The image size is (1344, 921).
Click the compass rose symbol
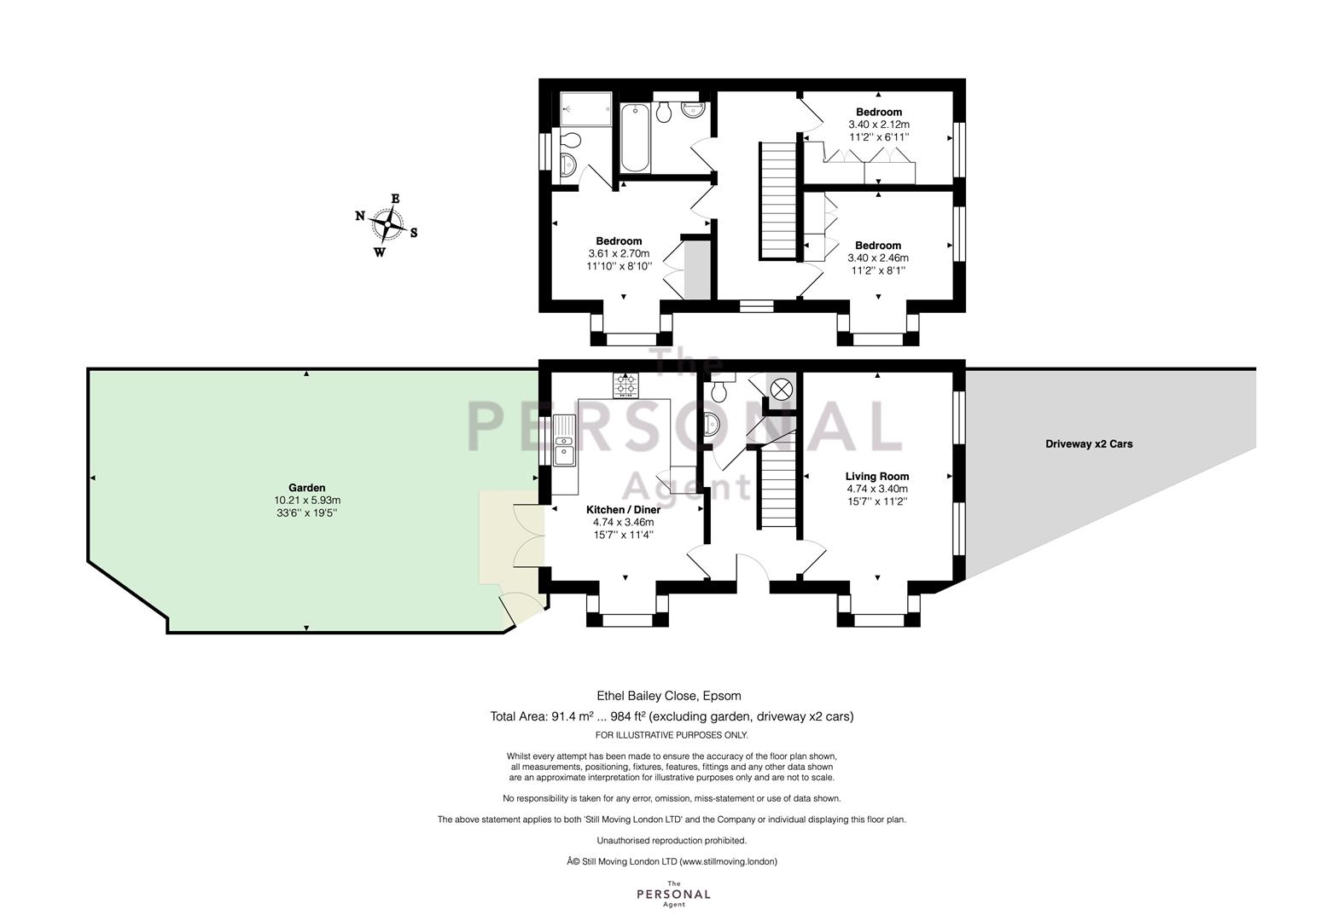pyautogui.click(x=387, y=225)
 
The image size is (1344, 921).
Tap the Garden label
pyautogui.click(x=306, y=488)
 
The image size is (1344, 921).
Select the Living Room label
pyautogui.click(x=877, y=476)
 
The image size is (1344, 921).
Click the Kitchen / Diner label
pyautogui.click(x=624, y=510)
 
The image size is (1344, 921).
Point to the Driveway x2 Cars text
pyautogui.click(x=1089, y=443)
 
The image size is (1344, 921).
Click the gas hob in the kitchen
pyautogui.click(x=625, y=385)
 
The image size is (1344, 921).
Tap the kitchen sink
pyautogui.click(x=564, y=441)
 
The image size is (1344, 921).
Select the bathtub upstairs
pyautogui.click(x=635, y=138)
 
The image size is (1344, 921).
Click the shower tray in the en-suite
pyautogui.click(x=585, y=109)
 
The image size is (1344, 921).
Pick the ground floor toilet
pyautogui.click(x=719, y=389)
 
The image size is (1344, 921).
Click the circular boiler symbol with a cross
pyautogui.click(x=781, y=390)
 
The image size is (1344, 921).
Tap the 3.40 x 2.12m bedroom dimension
pyautogui.click(x=878, y=125)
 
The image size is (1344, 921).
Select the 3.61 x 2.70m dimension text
pyautogui.click(x=619, y=253)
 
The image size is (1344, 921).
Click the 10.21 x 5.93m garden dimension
pyautogui.click(x=307, y=500)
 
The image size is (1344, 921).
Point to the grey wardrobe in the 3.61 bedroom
pyautogui.click(x=697, y=269)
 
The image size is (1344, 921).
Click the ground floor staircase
pyautogui.click(x=777, y=489)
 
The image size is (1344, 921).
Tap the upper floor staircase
pyautogui.click(x=778, y=200)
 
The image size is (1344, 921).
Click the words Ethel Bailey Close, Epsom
pyautogui.click(x=668, y=696)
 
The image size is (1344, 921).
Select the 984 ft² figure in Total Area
pyautogui.click(x=627, y=716)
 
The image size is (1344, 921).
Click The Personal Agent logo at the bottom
pyautogui.click(x=673, y=894)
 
